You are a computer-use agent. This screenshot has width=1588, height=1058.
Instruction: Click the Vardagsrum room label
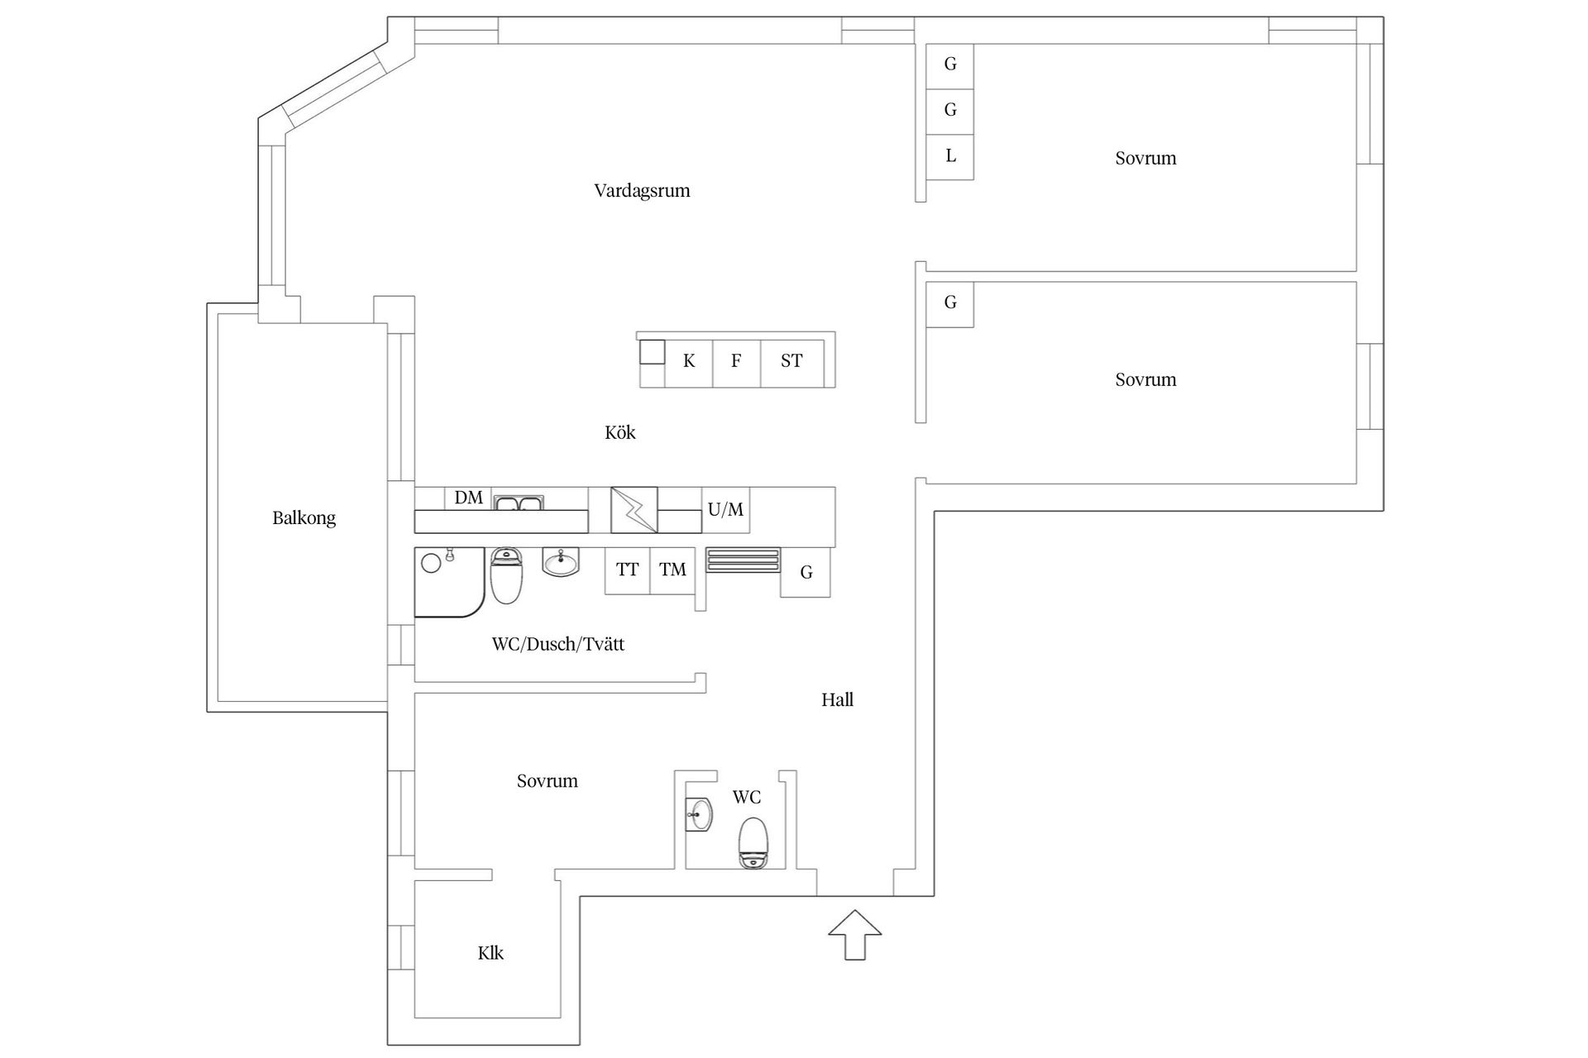click(642, 191)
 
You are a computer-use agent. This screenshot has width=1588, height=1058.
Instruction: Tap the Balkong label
click(304, 518)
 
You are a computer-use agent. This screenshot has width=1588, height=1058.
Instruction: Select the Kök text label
click(619, 432)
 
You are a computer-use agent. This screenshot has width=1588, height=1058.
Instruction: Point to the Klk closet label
click(490, 953)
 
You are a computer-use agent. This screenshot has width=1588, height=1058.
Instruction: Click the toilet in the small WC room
click(753, 843)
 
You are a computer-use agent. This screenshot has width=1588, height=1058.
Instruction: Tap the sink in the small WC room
click(699, 814)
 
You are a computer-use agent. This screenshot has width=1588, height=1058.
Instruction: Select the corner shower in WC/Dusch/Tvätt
click(447, 581)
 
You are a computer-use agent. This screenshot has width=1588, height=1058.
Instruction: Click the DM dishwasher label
click(468, 498)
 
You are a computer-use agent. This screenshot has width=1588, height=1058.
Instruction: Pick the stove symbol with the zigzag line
click(634, 510)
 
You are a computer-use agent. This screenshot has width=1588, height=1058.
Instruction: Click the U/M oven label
click(725, 510)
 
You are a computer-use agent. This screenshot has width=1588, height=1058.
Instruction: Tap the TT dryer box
click(627, 570)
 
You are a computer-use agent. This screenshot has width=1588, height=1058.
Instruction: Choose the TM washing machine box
click(672, 570)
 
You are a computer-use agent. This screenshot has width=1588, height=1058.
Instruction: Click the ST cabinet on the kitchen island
click(792, 361)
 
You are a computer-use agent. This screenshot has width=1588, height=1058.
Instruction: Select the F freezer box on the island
click(736, 361)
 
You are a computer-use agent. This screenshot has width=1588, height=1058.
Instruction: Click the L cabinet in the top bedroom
click(950, 156)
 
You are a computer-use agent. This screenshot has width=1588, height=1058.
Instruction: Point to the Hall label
click(837, 700)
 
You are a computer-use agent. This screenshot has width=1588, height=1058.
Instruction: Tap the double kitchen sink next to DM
click(519, 503)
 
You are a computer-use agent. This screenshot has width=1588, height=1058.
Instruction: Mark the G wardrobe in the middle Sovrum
click(950, 303)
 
